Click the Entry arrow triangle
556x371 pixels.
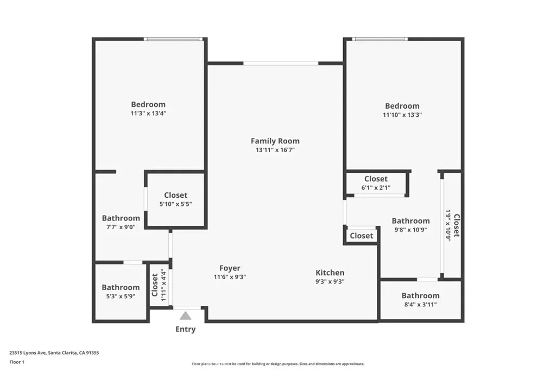pos(186,316)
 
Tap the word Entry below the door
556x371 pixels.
pos(186,329)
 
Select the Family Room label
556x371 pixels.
pos(275,141)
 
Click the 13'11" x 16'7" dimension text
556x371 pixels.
pos(275,150)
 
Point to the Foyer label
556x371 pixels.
pos(230,268)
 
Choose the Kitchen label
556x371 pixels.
pos(330,272)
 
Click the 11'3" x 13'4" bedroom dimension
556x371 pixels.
pos(148,113)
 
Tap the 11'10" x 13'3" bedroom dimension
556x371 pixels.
pos(402,115)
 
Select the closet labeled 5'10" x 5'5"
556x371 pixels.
pos(175,199)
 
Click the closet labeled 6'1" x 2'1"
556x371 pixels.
pos(376,183)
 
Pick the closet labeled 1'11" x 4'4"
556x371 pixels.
pos(159,285)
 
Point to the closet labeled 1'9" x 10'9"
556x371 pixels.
pos(452,225)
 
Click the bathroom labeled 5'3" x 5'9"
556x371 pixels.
pos(121,292)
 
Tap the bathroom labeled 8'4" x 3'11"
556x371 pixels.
pos(421,300)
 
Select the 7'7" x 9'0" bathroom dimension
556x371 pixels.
pos(121,227)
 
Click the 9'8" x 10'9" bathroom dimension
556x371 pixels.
pos(410,229)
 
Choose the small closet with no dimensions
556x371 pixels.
pos(361,236)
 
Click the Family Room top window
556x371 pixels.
pos(281,64)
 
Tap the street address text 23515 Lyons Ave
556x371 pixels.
pos(28,353)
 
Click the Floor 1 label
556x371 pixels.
pos(17,362)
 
